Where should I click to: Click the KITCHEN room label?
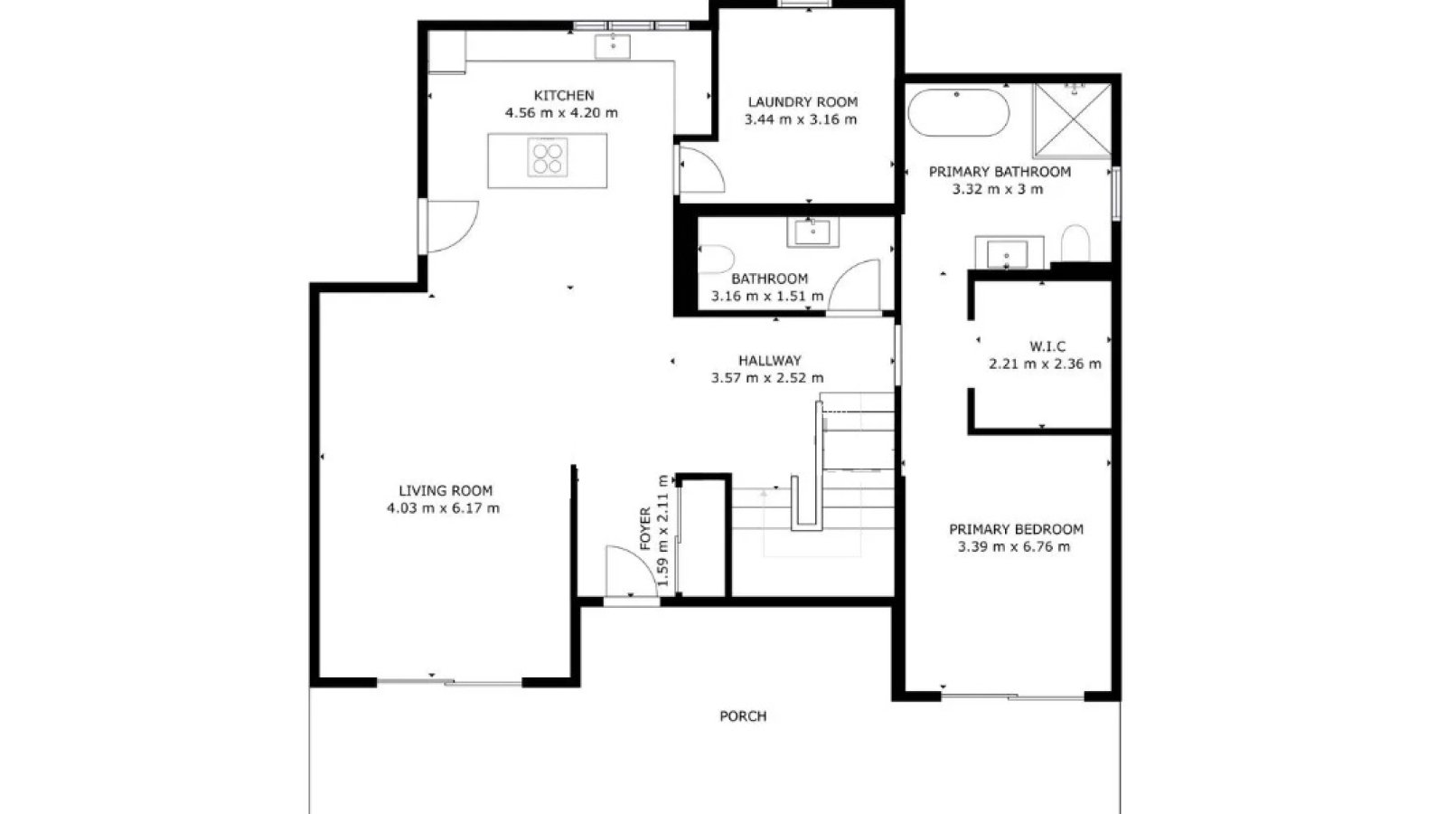pos(564,96)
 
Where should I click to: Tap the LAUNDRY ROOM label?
pos(803,102)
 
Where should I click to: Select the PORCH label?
pos(743,716)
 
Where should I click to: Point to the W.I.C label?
pos(1047,347)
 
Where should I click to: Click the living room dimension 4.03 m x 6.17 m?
pos(443,508)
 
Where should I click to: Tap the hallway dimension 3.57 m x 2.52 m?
pos(767,378)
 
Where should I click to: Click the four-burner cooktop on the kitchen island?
pos(548,157)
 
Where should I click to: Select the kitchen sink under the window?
pos(612,46)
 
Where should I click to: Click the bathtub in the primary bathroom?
pos(958,112)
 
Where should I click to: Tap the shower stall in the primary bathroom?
pos(1072,120)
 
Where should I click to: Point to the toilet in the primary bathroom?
pos(1075,243)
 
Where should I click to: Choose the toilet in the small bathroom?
pos(717,259)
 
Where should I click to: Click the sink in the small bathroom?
pos(812,232)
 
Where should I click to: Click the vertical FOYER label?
pos(645,529)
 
